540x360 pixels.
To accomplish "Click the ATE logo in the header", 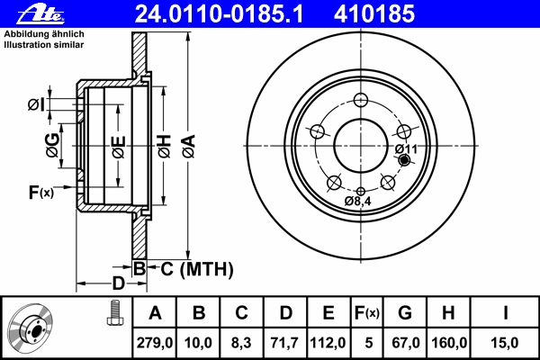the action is pyautogui.click(x=40, y=14).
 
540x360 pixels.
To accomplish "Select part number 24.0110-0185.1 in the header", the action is pyautogui.click(x=219, y=13).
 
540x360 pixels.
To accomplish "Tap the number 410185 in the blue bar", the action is pyautogui.click(x=374, y=13).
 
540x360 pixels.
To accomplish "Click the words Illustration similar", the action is pyautogui.click(x=44, y=45).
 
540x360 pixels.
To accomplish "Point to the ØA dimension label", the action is pyautogui.click(x=189, y=146).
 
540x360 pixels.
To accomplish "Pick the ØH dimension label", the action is pyautogui.click(x=165, y=146).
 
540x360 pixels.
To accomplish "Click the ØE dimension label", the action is pyautogui.click(x=119, y=147).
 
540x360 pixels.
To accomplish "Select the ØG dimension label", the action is pyautogui.click(x=53, y=146).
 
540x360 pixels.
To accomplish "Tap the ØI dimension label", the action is pyautogui.click(x=37, y=104).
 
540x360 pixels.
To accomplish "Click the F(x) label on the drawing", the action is pyautogui.click(x=41, y=193).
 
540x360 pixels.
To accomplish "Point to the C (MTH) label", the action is pyautogui.click(x=197, y=269).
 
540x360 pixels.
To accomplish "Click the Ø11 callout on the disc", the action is pyautogui.click(x=406, y=149).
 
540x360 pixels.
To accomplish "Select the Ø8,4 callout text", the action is pyautogui.click(x=358, y=202).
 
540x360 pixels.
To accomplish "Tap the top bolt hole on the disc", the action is pyautogui.click(x=361, y=100).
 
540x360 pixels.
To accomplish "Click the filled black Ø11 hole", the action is pyautogui.click(x=404, y=160).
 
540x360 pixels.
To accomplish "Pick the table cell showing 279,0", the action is pyautogui.click(x=155, y=343).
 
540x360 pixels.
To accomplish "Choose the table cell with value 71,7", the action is pyautogui.click(x=284, y=343).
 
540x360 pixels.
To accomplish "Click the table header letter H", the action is pyautogui.click(x=448, y=313).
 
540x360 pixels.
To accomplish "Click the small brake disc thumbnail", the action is pyautogui.click(x=31, y=328).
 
